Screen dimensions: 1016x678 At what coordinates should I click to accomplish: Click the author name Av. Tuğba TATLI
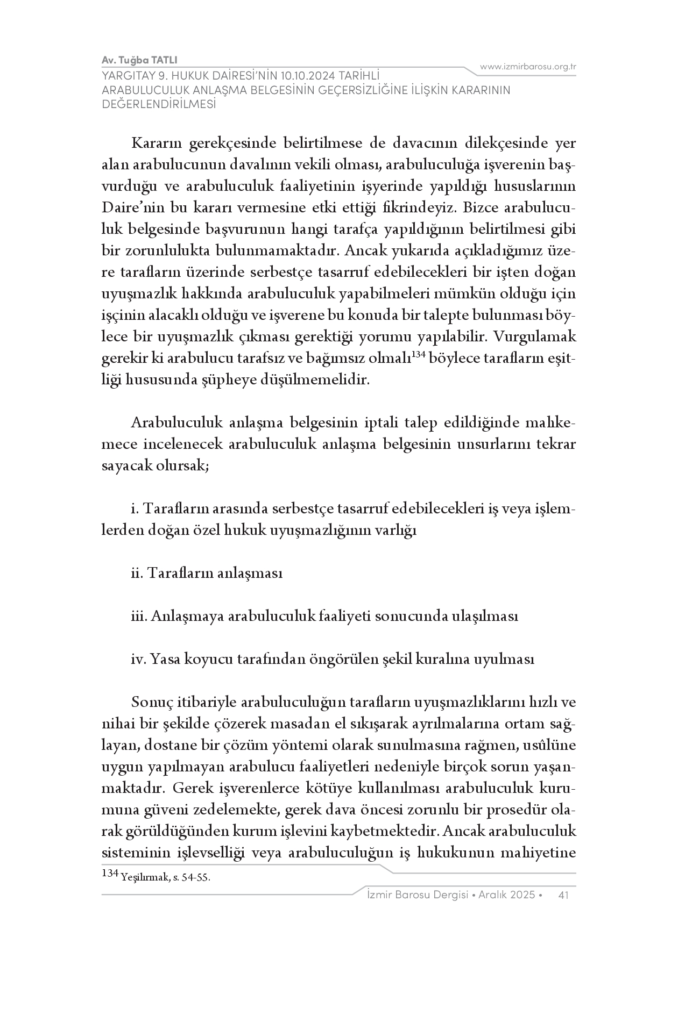coord(139,60)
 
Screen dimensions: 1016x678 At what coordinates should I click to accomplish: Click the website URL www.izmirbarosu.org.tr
coord(528,67)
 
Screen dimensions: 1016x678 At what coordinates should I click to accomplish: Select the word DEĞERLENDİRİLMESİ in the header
coord(159,104)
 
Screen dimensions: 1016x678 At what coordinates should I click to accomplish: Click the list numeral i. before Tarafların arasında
coord(134,509)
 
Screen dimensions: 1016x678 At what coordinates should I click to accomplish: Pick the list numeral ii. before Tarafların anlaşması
coord(137,573)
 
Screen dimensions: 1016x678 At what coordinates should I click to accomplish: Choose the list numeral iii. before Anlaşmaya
coord(138,616)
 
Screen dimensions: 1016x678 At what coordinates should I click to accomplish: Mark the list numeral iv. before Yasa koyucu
coord(138,659)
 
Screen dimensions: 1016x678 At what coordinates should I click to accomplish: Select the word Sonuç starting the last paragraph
coord(149,703)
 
